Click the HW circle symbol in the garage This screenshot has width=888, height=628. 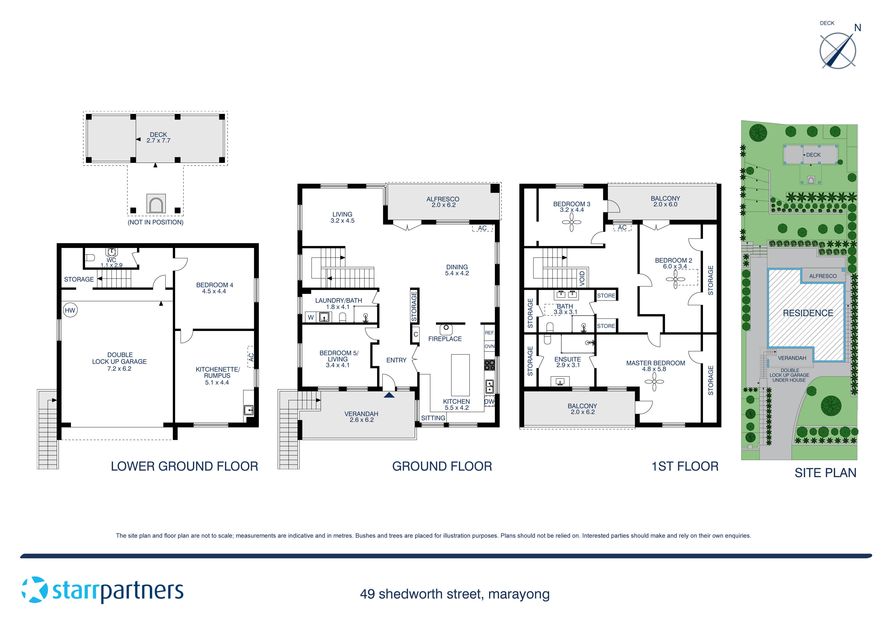coord(70,310)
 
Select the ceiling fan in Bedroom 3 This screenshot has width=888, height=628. coord(572,223)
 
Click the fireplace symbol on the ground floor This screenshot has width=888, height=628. coord(446,329)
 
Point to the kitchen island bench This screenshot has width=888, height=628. coord(460,375)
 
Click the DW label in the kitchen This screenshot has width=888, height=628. coord(489,402)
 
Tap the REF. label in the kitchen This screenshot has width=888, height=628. coord(489,333)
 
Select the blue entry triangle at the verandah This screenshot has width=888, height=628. coord(389,395)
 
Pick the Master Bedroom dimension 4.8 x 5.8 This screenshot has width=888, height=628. coord(654,369)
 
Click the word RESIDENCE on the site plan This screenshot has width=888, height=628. coord(808,313)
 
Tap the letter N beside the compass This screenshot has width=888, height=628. coord(857,28)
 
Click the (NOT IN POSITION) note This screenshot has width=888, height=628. coord(155,222)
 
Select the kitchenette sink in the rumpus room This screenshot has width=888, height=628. coord(248,410)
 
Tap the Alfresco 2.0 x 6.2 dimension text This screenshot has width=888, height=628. coord(443,205)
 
